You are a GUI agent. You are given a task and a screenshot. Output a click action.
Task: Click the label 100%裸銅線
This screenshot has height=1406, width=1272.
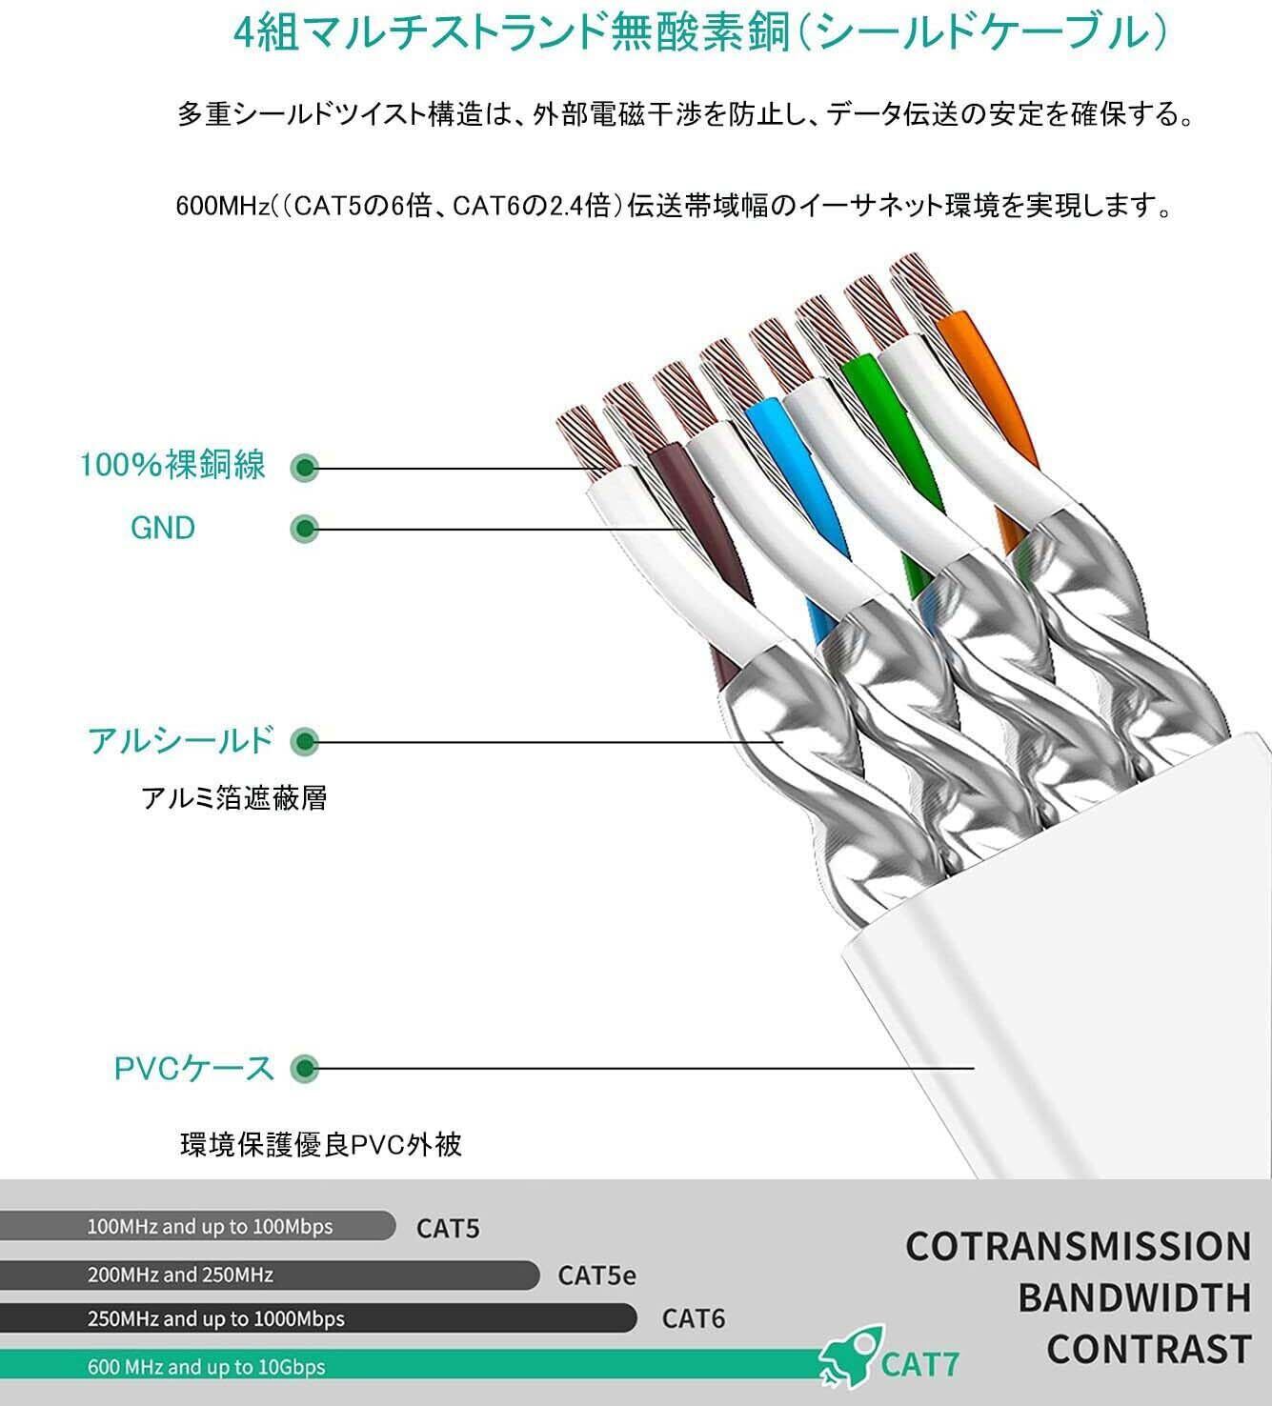point(172,466)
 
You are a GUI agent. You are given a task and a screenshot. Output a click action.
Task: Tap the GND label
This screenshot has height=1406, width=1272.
point(163,528)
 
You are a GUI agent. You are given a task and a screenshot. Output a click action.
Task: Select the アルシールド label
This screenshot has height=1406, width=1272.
point(181,740)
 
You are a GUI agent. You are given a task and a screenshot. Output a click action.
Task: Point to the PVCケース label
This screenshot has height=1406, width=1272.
point(194,1068)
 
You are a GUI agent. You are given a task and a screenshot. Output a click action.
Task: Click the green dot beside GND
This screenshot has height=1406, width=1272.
point(304,528)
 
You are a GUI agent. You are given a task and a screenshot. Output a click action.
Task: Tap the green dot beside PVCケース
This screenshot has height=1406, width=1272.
point(304,1069)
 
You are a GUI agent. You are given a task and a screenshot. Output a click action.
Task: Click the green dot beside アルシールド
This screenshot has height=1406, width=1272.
point(304,741)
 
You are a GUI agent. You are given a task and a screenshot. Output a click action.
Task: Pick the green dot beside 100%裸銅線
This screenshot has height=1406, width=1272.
point(304,467)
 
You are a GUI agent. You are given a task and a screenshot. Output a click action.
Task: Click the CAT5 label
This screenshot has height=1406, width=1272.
point(448,1228)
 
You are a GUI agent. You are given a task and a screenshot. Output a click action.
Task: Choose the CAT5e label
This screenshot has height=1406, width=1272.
point(596,1275)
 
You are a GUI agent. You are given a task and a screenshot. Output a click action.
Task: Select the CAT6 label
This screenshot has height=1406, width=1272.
point(694,1318)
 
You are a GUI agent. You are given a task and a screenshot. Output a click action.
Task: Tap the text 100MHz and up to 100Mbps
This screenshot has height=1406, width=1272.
point(210,1226)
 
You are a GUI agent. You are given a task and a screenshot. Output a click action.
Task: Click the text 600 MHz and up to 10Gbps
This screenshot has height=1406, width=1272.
point(206,1367)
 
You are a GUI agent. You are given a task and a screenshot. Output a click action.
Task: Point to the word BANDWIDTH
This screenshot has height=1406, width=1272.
point(1134,1297)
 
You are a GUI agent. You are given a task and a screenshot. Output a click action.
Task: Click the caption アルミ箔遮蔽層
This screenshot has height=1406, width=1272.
point(234,797)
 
